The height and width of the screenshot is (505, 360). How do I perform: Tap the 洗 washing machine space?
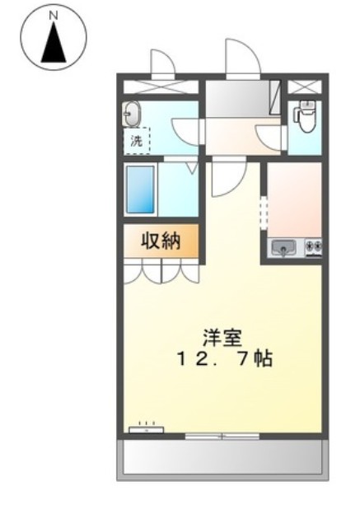pyautogui.click(x=138, y=140)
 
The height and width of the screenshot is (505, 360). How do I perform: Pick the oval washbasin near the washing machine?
pyautogui.click(x=133, y=115)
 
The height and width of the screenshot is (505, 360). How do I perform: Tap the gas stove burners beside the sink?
pyautogui.click(x=314, y=245)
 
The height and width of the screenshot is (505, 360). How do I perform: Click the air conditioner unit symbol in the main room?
pyautogui.click(x=147, y=428)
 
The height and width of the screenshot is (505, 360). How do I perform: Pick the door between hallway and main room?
pyautogui.click(x=224, y=177)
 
